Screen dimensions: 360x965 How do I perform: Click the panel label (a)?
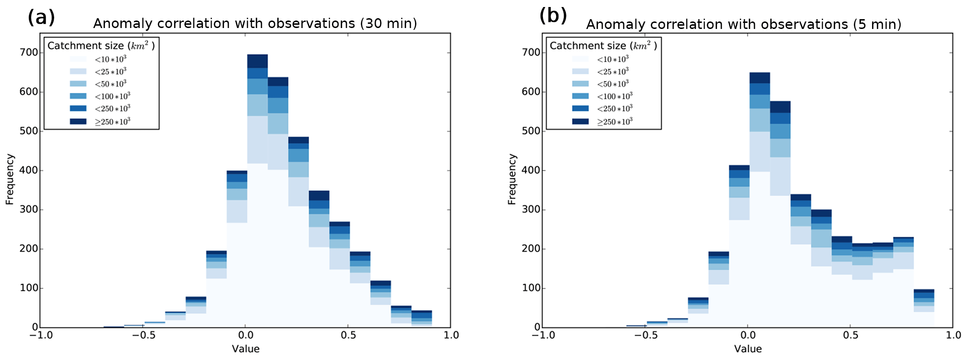[41, 17]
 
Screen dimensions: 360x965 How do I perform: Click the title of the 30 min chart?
[255, 23]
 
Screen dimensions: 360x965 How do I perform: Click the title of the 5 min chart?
[744, 24]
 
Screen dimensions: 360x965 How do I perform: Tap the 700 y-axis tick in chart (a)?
[29, 52]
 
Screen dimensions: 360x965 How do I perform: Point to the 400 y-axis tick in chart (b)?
[531, 170]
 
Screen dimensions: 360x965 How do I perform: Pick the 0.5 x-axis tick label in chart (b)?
[851, 335]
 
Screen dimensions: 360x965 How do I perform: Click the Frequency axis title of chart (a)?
[10, 180]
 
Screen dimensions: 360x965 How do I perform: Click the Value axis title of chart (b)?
[747, 349]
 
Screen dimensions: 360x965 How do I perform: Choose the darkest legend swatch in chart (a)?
[78, 121]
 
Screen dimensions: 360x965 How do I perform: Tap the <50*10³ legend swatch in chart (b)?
[580, 84]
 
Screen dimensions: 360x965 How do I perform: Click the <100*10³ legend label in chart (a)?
[112, 96]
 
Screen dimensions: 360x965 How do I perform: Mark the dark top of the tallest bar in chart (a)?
[257, 61]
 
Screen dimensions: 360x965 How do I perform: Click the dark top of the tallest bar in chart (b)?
[760, 78]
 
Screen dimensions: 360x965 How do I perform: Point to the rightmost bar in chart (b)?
[923, 308]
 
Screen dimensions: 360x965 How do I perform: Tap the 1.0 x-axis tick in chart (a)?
[451, 335]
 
